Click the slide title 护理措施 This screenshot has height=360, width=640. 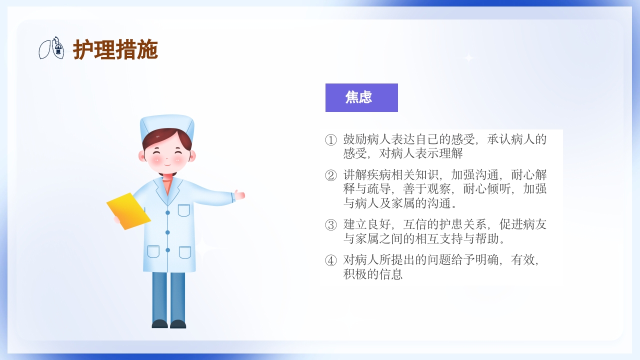(115, 49)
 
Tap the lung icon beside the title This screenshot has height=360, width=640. (51, 48)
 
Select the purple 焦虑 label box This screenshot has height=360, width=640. (361, 97)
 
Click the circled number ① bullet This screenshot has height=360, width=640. (331, 140)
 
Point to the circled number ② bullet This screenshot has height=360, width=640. (331, 175)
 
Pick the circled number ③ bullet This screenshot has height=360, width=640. (331, 225)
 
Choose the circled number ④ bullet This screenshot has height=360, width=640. (331, 260)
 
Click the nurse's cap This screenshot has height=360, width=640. (166, 125)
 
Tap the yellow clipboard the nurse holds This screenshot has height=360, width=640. (128, 210)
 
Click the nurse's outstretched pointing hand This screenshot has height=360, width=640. (240, 194)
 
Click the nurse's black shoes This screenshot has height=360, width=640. (168, 323)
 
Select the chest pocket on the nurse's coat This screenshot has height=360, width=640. (184, 210)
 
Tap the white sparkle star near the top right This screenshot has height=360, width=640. (468, 58)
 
